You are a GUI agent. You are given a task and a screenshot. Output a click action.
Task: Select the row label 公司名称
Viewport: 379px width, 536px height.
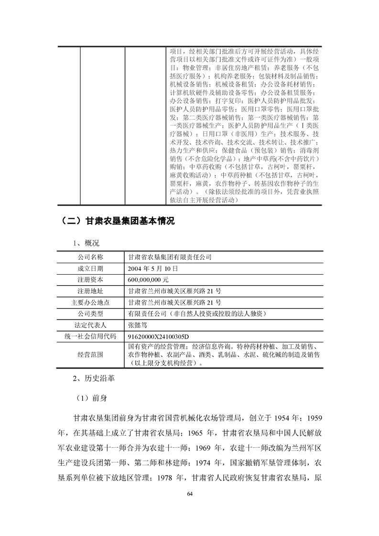[x=90, y=257]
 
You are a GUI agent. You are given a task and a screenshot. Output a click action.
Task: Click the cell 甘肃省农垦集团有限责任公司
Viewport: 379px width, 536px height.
[x=171, y=257]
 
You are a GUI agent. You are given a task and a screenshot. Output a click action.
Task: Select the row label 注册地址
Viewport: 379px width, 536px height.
[x=90, y=291]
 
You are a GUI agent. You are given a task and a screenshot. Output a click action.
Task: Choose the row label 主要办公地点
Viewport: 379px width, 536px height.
[x=90, y=302]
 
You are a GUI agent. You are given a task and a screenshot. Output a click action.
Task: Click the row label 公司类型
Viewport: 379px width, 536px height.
[x=90, y=314]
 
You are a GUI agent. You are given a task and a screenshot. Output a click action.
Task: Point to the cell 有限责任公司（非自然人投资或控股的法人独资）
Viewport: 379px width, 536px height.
[x=197, y=314]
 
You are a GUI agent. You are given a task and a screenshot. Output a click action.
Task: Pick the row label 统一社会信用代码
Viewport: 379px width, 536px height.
[x=90, y=336]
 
